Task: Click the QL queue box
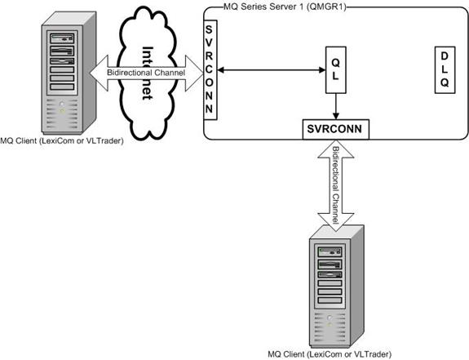(335, 69)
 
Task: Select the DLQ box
(445, 69)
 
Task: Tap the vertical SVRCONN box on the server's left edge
(210, 69)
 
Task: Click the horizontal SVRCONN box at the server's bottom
(335, 129)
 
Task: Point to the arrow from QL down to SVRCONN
(335, 107)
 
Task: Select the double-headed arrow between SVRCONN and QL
(272, 70)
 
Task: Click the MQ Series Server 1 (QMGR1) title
(285, 7)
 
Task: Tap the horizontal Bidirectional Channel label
(146, 73)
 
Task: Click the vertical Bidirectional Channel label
(335, 185)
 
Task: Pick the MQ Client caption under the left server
(62, 140)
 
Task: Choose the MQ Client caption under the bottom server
(330, 354)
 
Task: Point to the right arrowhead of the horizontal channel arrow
(194, 73)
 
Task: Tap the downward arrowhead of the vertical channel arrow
(335, 222)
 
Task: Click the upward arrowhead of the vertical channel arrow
(335, 149)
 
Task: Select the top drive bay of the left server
(62, 38)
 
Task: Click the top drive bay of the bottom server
(330, 251)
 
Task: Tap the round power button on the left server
(62, 104)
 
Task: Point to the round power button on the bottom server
(330, 318)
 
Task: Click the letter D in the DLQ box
(445, 56)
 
